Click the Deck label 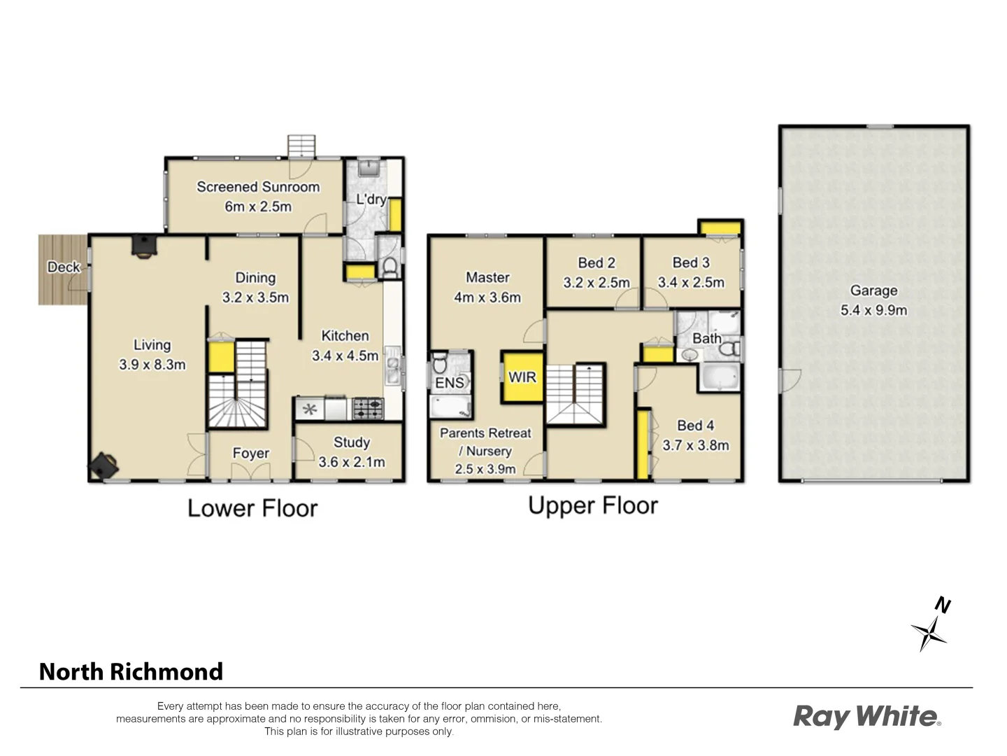pyautogui.click(x=63, y=267)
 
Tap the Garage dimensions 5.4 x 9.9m pyautogui.click(x=873, y=310)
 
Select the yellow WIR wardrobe pyautogui.click(x=522, y=377)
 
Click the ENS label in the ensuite pyautogui.click(x=449, y=383)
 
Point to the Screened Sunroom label pyautogui.click(x=258, y=187)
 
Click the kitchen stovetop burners pyautogui.click(x=368, y=408)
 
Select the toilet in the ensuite pyautogui.click(x=440, y=363)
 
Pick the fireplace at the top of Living pyautogui.click(x=145, y=246)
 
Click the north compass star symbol pyautogui.click(x=929, y=632)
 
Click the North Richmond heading pyautogui.click(x=131, y=671)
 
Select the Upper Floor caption pyautogui.click(x=593, y=505)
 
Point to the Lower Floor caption pyautogui.click(x=252, y=507)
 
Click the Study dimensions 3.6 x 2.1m pyautogui.click(x=351, y=462)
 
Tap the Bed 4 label pyautogui.click(x=695, y=425)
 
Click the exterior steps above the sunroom pyautogui.click(x=302, y=146)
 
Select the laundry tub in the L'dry pyautogui.click(x=369, y=168)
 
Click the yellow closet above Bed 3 pyautogui.click(x=720, y=228)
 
